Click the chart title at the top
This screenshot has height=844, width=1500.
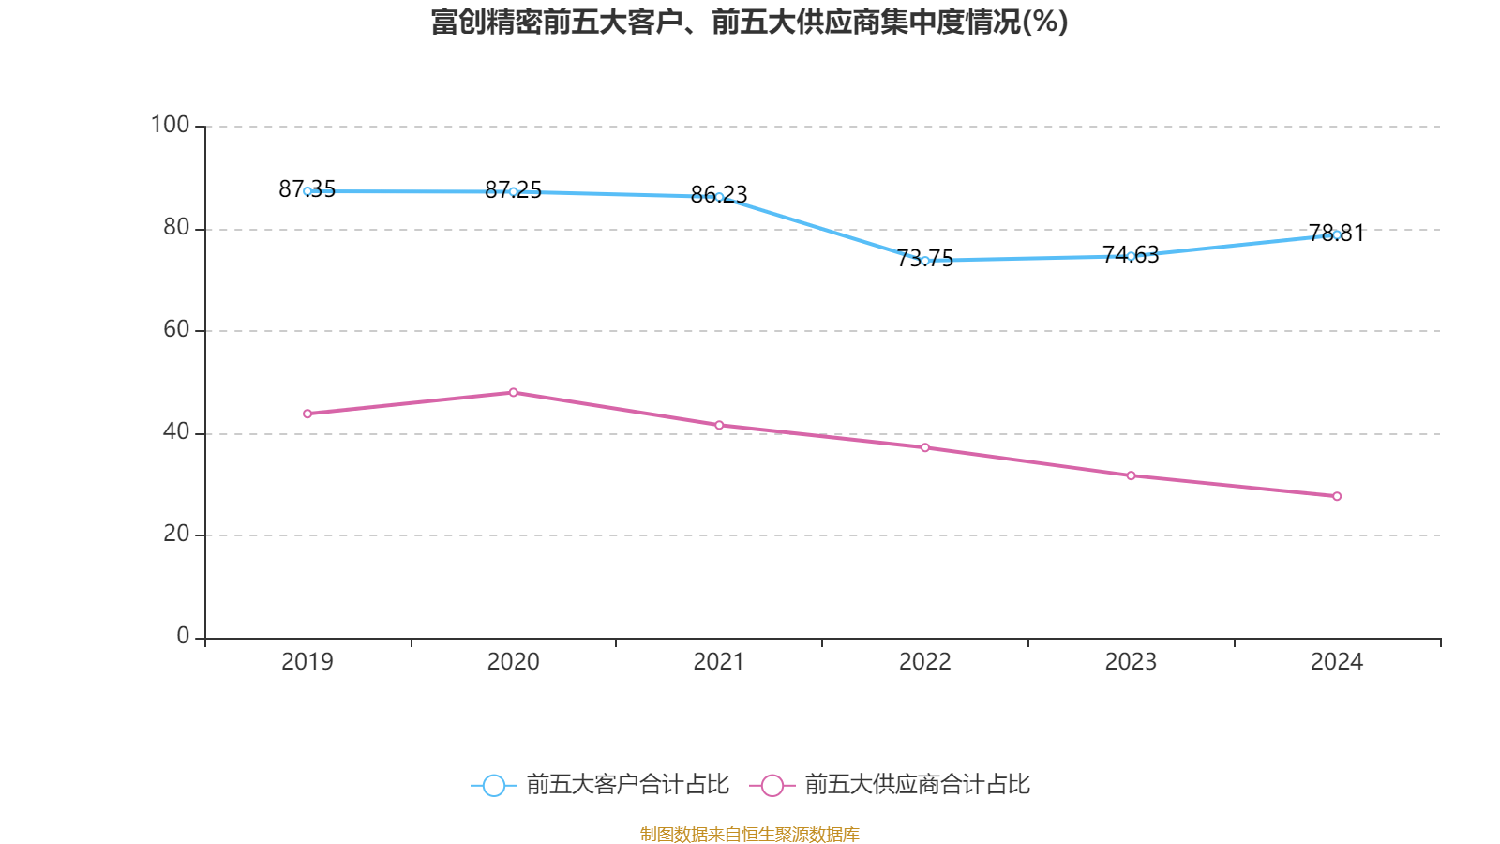click(749, 22)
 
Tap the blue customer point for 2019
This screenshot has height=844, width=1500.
click(307, 191)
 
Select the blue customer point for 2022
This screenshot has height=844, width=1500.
click(925, 261)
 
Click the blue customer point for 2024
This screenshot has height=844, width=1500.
click(1337, 234)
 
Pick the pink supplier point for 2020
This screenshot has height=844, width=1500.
click(513, 392)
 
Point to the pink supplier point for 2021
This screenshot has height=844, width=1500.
click(719, 425)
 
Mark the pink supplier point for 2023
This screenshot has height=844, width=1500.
click(1131, 475)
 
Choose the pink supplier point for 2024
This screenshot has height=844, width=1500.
click(1337, 496)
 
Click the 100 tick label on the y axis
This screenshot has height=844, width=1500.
click(170, 125)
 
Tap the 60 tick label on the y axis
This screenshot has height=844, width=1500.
click(175, 329)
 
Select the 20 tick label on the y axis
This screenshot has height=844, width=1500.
click(175, 534)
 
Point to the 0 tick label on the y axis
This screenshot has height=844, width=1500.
click(183, 636)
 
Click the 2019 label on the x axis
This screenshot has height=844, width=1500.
click(307, 662)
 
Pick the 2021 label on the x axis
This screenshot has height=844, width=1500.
click(719, 662)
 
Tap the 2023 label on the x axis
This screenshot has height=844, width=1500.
click(1131, 662)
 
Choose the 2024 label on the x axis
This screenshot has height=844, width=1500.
click(1337, 662)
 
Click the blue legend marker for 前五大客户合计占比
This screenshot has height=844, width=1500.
click(493, 785)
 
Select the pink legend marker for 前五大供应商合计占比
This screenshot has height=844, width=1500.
click(772, 785)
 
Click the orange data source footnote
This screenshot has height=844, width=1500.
click(749, 834)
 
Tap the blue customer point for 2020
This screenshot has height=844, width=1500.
click(513, 191)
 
